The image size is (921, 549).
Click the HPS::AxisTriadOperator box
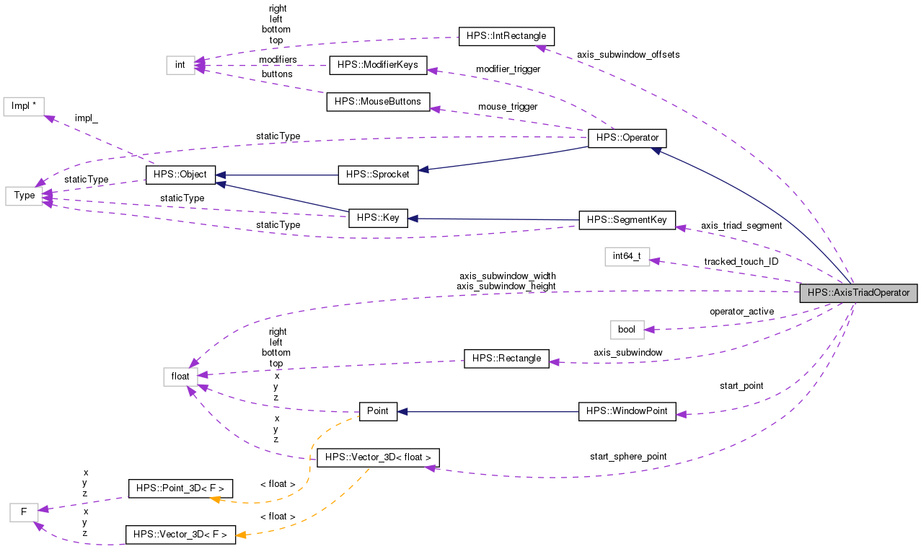pyautogui.click(x=858, y=293)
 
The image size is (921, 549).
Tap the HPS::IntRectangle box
pyautogui.click(x=506, y=35)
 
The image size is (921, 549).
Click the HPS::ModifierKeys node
pyautogui.click(x=378, y=65)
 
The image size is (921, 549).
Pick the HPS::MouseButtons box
pyautogui.click(x=378, y=102)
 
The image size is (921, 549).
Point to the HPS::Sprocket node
pyautogui.click(x=378, y=175)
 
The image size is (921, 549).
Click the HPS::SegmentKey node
pyautogui.click(x=627, y=219)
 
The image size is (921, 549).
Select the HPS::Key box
pyautogui.click(x=378, y=217)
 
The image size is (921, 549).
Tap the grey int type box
pyautogui.click(x=180, y=65)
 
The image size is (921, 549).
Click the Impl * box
pyautogui.click(x=24, y=105)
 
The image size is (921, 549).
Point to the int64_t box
pyautogui.click(x=627, y=256)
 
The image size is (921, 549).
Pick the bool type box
pyautogui.click(x=627, y=329)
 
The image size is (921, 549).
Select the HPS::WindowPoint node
pyautogui.click(x=627, y=411)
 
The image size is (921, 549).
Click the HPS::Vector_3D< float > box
pyautogui.click(x=378, y=457)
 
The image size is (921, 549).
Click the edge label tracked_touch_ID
pyautogui.click(x=741, y=261)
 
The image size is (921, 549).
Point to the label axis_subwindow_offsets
pyautogui.click(x=627, y=54)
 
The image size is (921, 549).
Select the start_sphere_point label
pyautogui.click(x=627, y=456)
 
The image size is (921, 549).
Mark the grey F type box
pyautogui.click(x=24, y=513)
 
